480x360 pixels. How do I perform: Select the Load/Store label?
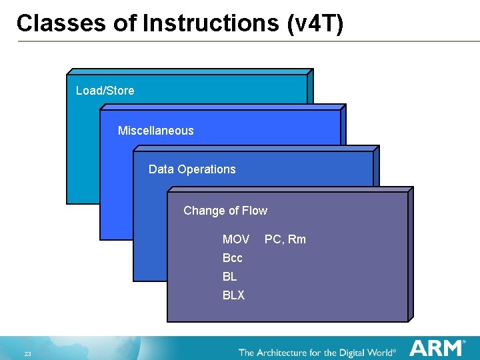coord(105,91)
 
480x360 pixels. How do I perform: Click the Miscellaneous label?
coord(155,131)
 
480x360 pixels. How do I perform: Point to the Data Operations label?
coord(192,169)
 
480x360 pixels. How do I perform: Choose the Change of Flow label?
coord(225,211)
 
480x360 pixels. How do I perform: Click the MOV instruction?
coord(236,239)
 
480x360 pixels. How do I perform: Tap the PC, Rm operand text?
coord(285,239)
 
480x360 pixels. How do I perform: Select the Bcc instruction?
coord(233,258)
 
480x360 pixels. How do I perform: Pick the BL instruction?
coord(230,277)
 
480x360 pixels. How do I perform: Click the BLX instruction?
coord(233,295)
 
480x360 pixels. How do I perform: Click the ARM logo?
coord(437,348)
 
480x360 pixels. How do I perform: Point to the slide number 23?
coord(28,353)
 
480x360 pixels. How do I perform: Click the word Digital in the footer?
coord(355,352)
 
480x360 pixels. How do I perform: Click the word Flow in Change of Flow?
coord(255,211)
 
